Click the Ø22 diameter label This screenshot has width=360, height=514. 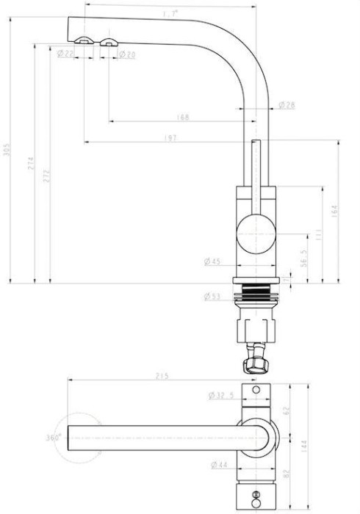point(65,54)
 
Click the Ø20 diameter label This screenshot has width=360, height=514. point(126,54)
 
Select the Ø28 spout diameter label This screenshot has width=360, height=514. point(287,106)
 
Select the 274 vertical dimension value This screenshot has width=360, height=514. point(32,163)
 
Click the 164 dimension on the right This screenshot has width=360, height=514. point(335,211)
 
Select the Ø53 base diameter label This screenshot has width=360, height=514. point(212,297)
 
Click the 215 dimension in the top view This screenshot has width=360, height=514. point(162,377)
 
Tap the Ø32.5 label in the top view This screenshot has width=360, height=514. point(221,396)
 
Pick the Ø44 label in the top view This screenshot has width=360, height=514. point(218,465)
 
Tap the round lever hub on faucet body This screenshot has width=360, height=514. point(256,233)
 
